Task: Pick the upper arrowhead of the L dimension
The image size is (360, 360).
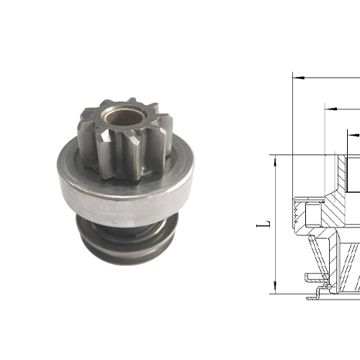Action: coord(276,161)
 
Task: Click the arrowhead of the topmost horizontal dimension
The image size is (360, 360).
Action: coord(299,75)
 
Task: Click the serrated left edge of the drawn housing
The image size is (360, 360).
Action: coord(297,212)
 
